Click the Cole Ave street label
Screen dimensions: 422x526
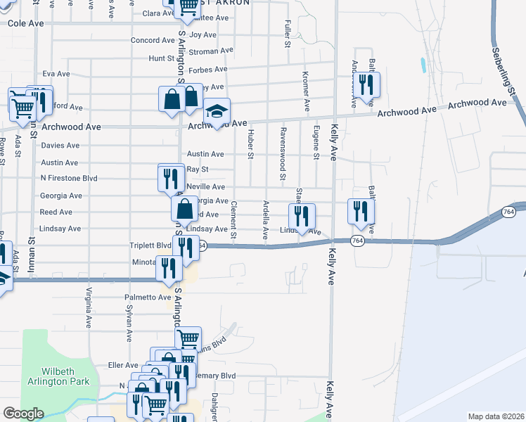pos(26,23)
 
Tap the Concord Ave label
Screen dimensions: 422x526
pos(152,40)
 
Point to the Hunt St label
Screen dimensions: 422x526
pos(161,59)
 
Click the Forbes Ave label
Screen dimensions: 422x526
pos(205,70)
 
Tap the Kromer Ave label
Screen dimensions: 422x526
pos(306,91)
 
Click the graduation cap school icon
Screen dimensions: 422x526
pos(218,111)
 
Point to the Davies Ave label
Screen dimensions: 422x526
pos(60,146)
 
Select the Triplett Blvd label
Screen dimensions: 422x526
pos(150,245)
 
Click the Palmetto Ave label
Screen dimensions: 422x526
pos(148,298)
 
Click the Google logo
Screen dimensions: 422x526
pos(23,414)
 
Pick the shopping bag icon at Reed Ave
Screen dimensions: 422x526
pos(184,209)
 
